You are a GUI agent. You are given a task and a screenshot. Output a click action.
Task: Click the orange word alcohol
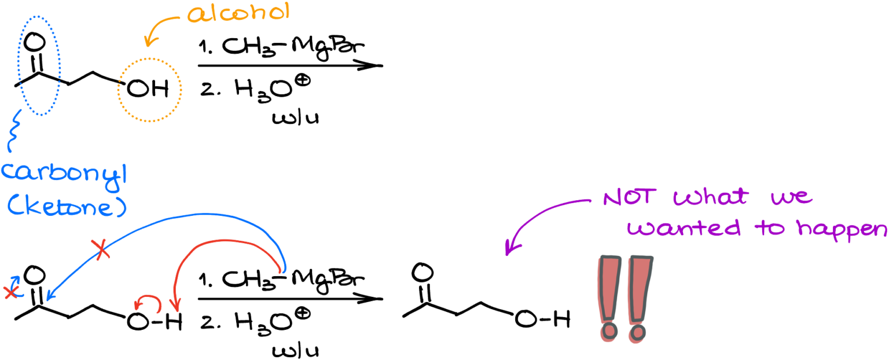pos(238,13)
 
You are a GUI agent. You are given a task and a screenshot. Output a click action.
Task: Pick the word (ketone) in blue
pos(67,207)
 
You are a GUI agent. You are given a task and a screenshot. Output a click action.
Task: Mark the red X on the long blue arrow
pos(102,250)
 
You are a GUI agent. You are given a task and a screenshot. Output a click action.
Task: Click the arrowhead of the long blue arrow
pos(50,297)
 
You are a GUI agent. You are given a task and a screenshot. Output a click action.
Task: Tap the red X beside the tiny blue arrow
pos(10,292)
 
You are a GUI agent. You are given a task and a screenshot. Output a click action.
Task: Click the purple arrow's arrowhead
pos(508,249)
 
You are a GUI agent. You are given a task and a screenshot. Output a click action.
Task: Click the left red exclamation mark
pos(608,299)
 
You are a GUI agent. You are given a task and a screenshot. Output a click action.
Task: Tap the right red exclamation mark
pos(638,299)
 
